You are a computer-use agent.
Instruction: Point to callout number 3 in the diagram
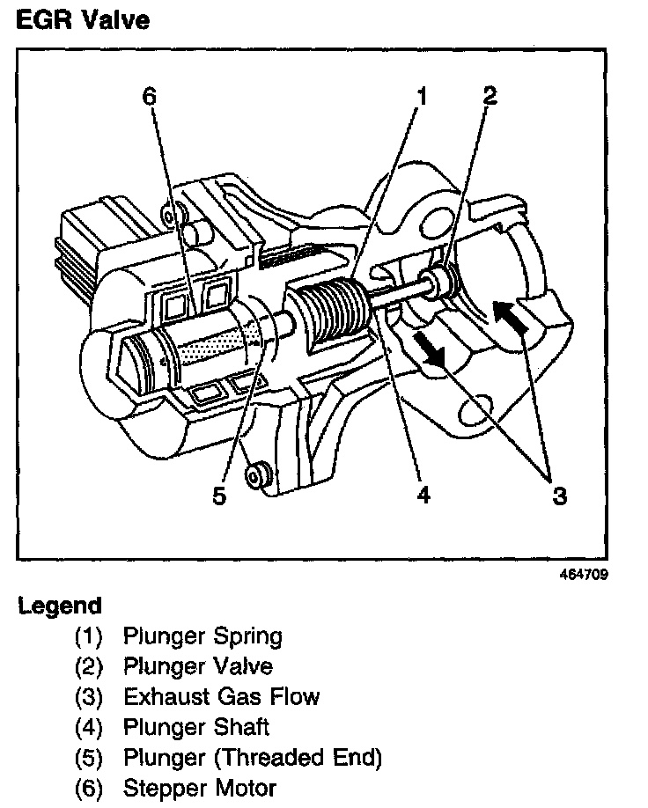tap(560, 496)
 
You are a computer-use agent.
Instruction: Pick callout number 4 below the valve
tap(423, 496)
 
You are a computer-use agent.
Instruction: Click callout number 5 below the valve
tap(219, 496)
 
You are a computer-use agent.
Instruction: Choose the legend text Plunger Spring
tap(202, 635)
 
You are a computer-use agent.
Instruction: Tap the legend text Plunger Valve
tap(198, 666)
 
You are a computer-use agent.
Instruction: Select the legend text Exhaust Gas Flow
tap(221, 697)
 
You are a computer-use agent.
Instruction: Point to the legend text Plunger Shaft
tap(196, 727)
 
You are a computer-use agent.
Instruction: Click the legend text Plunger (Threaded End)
tap(253, 758)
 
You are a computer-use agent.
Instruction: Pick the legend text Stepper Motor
tap(200, 788)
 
